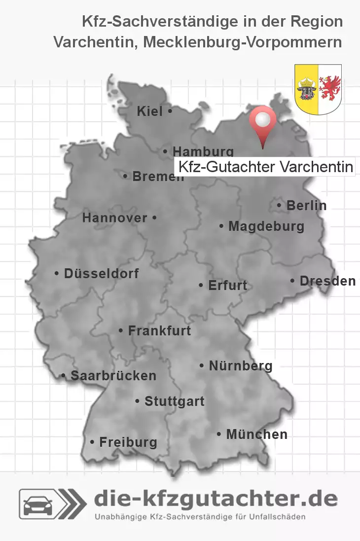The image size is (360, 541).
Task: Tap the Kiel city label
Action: point(150,112)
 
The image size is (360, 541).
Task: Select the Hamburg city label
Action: point(203,151)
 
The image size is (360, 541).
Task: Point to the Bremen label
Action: point(157,176)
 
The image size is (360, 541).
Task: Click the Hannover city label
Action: point(115,218)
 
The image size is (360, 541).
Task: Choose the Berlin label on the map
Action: point(306,205)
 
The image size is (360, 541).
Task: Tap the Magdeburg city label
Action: point(266,227)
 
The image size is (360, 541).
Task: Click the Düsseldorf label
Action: point(101,273)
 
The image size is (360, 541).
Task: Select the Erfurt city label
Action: point(227,286)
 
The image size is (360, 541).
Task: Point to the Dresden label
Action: point(327,281)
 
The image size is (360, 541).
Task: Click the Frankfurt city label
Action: point(159,330)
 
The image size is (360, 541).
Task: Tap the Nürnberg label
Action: point(240,366)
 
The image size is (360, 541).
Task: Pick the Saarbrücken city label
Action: point(113,376)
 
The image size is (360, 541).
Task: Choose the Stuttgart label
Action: point(174,401)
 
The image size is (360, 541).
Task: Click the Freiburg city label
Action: point(128,442)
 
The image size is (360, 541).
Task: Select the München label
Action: point(256,434)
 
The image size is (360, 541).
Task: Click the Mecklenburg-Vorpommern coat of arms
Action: point(318,89)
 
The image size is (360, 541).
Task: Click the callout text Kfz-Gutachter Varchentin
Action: point(265,167)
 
